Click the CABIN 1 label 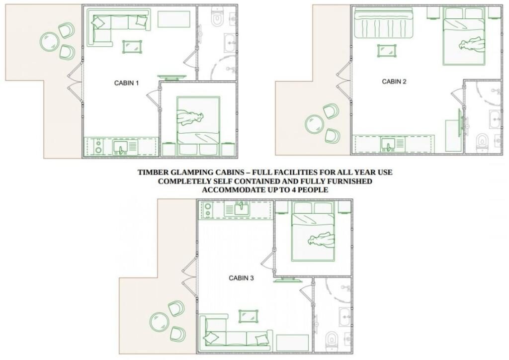(126, 83)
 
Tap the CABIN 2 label (394, 82)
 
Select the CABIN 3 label (241, 278)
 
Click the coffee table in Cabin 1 (132, 47)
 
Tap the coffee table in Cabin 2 (387, 51)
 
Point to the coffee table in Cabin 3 (249, 317)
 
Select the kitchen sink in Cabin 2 (389, 145)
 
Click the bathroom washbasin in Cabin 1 (230, 43)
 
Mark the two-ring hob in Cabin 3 (208, 210)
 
